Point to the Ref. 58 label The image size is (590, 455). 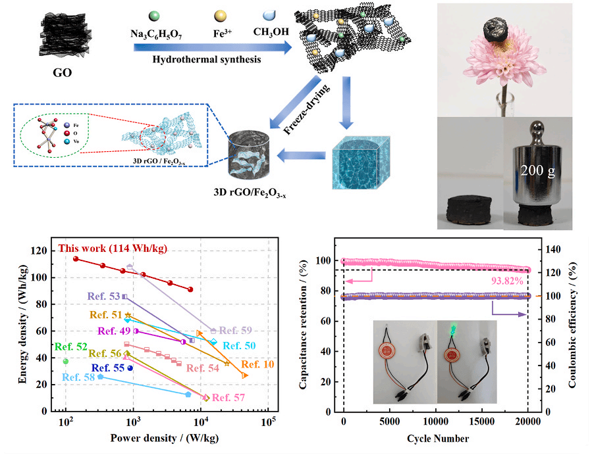pos(78,377)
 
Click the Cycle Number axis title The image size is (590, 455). pos(437,439)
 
